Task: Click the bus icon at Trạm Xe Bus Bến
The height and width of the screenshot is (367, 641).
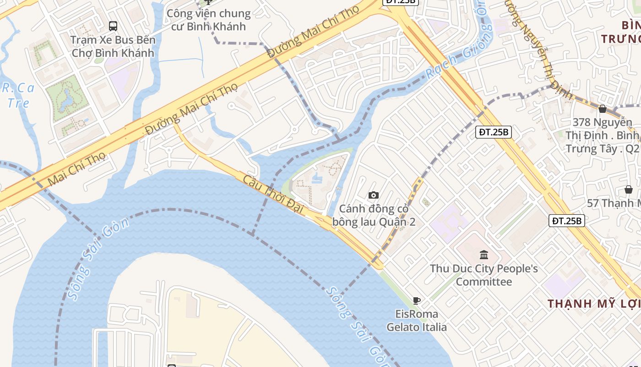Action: pyautogui.click(x=113, y=26)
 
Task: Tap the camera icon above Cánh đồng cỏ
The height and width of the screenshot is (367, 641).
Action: pyautogui.click(x=374, y=195)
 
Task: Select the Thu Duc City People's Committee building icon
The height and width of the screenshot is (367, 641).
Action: pyautogui.click(x=484, y=255)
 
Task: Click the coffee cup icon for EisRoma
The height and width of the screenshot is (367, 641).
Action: pyautogui.click(x=416, y=300)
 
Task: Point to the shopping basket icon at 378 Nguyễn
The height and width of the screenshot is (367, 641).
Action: pyautogui.click(x=603, y=109)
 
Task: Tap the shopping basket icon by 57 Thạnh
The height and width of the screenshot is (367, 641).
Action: pyautogui.click(x=629, y=189)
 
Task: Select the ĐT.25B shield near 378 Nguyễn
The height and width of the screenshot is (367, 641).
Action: pyautogui.click(x=494, y=132)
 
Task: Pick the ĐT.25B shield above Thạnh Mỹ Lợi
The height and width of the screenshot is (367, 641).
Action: pyautogui.click(x=567, y=221)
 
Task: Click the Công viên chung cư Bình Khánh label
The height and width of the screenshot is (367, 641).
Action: pyautogui.click(x=208, y=20)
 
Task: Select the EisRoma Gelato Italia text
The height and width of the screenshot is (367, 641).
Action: pyautogui.click(x=417, y=320)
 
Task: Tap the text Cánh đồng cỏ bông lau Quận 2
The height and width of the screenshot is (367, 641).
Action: pyautogui.click(x=374, y=215)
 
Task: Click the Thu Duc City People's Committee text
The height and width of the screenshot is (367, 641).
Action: pyautogui.click(x=484, y=275)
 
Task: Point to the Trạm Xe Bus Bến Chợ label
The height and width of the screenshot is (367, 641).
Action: pyautogui.click(x=113, y=46)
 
